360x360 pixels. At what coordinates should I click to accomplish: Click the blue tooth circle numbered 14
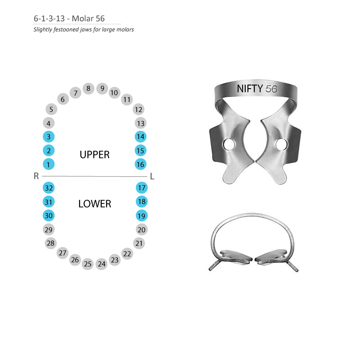140,137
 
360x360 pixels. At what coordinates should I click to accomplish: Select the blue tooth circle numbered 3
49,137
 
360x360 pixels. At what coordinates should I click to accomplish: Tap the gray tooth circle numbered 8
88,88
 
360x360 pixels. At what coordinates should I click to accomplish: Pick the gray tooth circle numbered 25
88,264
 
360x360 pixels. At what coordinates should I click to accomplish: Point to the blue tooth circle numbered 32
49,188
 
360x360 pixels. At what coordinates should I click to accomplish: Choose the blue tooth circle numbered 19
142,216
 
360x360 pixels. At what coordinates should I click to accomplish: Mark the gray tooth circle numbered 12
139,109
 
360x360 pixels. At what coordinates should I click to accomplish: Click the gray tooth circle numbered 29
49,229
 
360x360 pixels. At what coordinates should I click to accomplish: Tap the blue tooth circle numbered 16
140,164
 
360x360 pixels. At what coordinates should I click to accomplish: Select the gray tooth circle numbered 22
127,254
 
